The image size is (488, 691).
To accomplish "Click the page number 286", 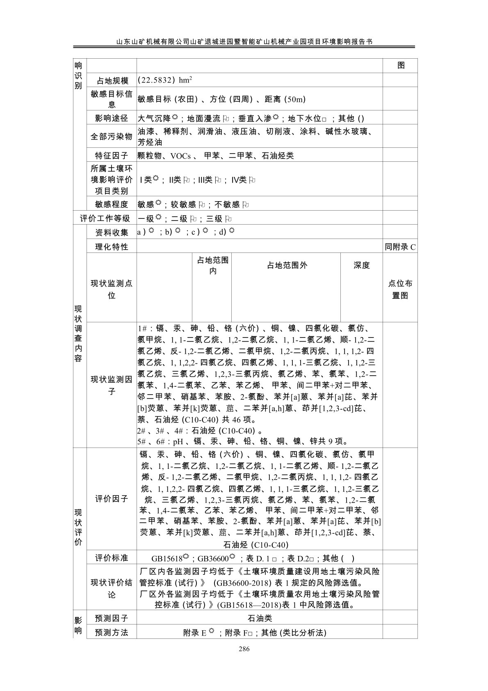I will click(244, 649).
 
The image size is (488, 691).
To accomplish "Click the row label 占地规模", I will click(112, 81).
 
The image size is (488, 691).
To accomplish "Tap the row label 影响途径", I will click(112, 119).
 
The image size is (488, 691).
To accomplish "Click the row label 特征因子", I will click(112, 156).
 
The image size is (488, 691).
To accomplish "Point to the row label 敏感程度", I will click(112, 204).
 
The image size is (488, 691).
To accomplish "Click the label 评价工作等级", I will click(105, 218).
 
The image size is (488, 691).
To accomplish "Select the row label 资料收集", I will click(112, 232).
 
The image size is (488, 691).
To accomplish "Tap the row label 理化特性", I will click(112, 247).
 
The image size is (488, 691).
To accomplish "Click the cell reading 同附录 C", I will click(400, 247).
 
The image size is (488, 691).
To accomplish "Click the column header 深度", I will click(362, 265).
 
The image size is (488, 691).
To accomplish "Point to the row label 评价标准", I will click(112, 558).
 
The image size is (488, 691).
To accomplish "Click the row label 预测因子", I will click(112, 618).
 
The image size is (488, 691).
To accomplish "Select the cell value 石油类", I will click(260, 618).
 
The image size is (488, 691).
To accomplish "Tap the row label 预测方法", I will click(112, 632).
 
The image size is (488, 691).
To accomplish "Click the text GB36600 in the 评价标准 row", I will click(213, 558).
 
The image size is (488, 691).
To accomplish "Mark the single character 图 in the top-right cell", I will click(401, 66).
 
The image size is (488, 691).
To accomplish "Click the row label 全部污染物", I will click(112, 137).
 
